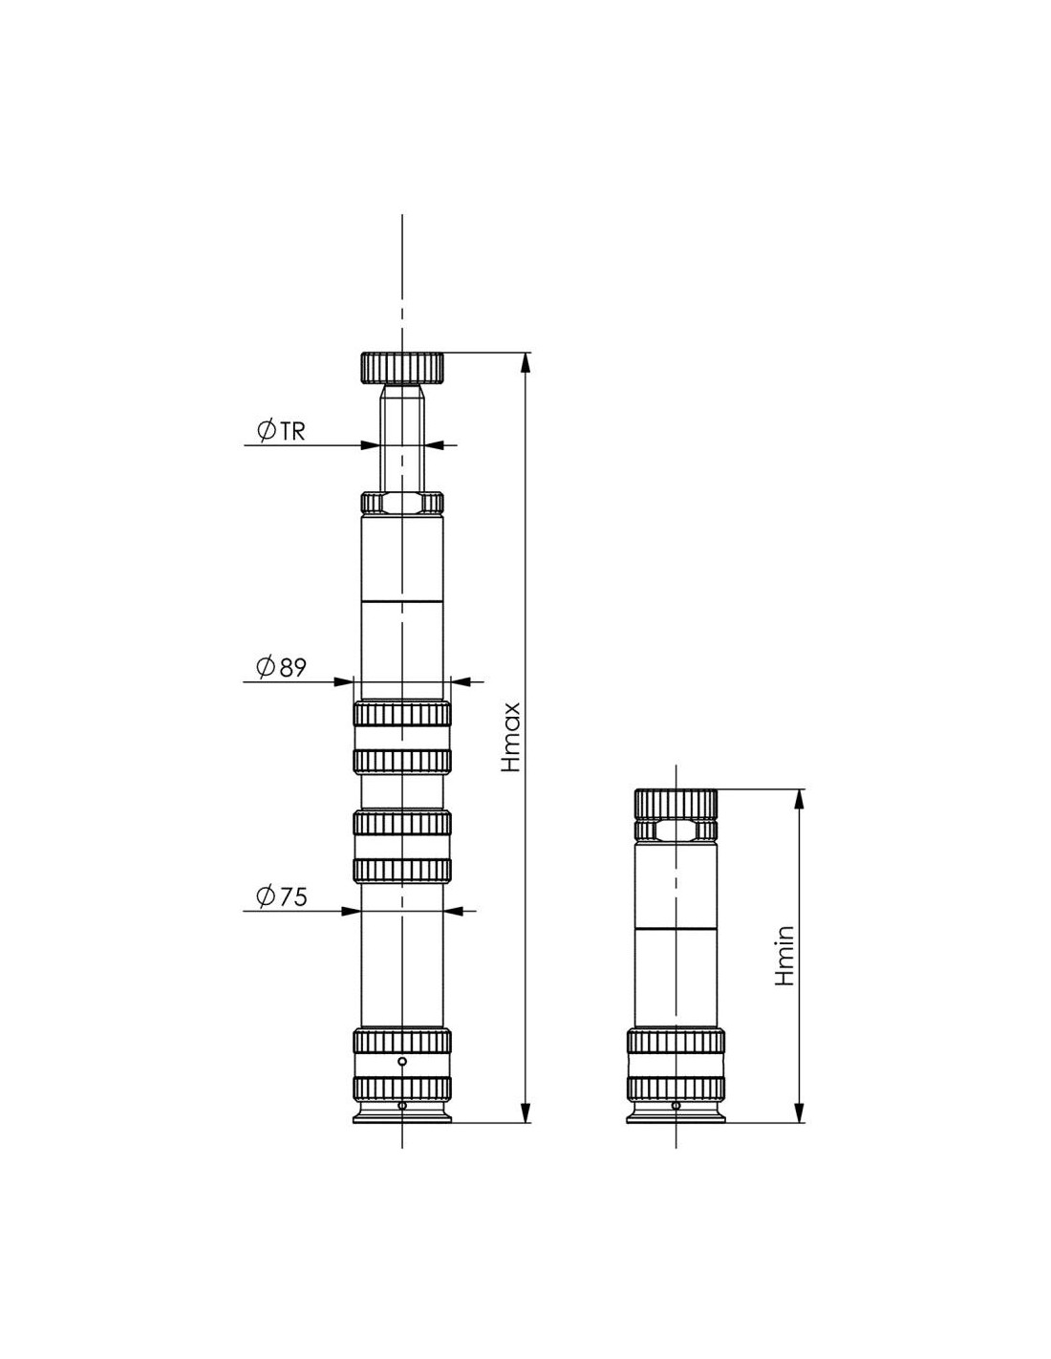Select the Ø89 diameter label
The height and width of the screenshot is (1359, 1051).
[281, 668]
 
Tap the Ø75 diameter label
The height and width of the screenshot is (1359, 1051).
[281, 897]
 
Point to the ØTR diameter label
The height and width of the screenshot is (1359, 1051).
[281, 431]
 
